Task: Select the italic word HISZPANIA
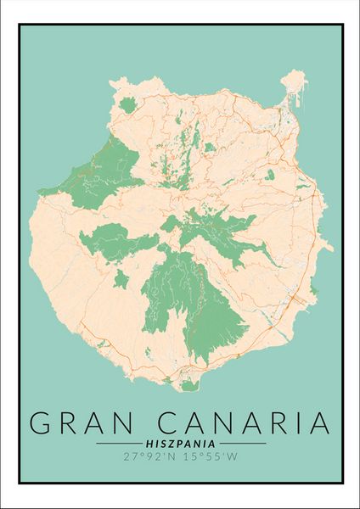point(179,443)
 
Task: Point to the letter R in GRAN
point(69,422)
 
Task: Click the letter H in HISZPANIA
point(149,443)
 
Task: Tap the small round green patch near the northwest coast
point(128,105)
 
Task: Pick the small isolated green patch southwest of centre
point(121,278)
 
